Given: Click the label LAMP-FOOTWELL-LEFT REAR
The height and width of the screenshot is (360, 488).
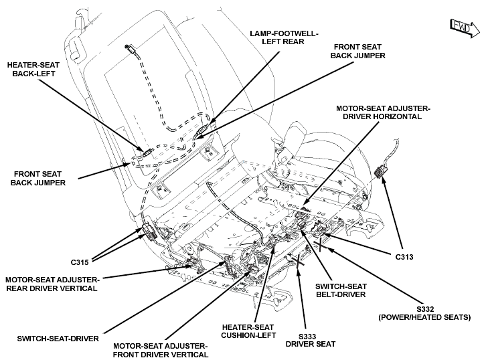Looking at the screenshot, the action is coord(284,37).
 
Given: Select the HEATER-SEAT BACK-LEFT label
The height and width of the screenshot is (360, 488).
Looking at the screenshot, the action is coord(33,70).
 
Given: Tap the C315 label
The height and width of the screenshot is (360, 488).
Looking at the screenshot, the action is coord(80,262).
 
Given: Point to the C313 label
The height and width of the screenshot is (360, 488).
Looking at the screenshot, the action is coord(404,257).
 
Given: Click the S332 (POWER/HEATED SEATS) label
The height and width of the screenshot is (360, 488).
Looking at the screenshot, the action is coord(425,313).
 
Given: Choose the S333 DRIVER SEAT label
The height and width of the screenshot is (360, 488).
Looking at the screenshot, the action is coord(311,340).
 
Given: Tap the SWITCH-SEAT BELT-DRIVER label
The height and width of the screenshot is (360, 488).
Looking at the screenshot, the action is coord(341,290).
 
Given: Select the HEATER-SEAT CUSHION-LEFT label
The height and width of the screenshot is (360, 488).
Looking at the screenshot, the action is coord(248,331).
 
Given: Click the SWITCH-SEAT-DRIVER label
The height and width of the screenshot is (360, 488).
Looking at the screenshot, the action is coord(58,339).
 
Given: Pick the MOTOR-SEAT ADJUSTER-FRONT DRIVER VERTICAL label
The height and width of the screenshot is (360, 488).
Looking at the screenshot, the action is coord(160,351).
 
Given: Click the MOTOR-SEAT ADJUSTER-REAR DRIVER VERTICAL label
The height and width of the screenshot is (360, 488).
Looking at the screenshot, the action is coord(52,284).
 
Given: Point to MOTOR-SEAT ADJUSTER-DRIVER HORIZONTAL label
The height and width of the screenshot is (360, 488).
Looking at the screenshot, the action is coord(383,112).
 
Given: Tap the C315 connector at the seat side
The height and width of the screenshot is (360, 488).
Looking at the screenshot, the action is coord(148,232).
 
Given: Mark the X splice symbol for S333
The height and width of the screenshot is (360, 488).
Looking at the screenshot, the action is coord(299,260).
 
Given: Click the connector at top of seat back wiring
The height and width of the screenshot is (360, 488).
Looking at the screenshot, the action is coord(130,48).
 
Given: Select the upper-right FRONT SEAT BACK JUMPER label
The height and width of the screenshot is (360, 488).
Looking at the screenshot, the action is coord(357,52).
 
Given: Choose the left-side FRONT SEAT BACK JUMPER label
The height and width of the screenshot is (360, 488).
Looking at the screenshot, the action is coord(38,178).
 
